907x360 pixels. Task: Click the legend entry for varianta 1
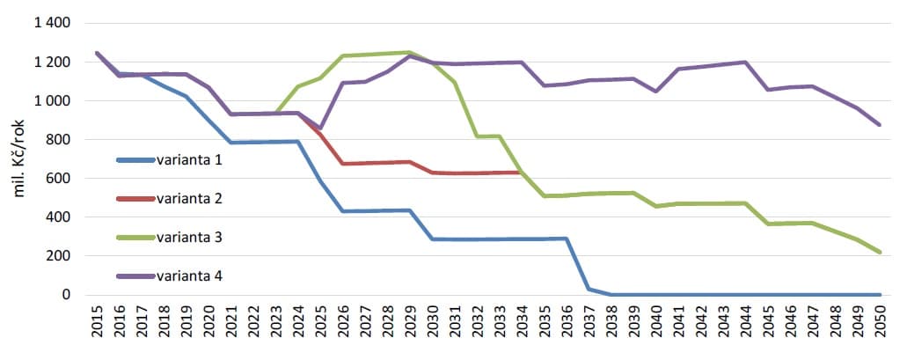click(x=190, y=160)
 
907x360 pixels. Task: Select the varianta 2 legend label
click(x=190, y=199)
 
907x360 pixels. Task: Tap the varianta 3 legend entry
click(x=190, y=238)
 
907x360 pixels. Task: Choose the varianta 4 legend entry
click(x=190, y=276)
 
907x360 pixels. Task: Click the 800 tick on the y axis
click(x=62, y=139)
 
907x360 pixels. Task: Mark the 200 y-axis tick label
click(x=62, y=255)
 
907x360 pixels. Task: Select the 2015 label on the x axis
click(x=98, y=325)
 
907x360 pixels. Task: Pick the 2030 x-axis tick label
click(x=433, y=325)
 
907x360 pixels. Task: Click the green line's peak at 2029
click(x=410, y=52)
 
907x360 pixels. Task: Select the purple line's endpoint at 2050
click(x=880, y=125)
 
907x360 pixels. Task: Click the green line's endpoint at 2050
click(x=880, y=253)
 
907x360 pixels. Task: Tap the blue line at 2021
click(x=231, y=143)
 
